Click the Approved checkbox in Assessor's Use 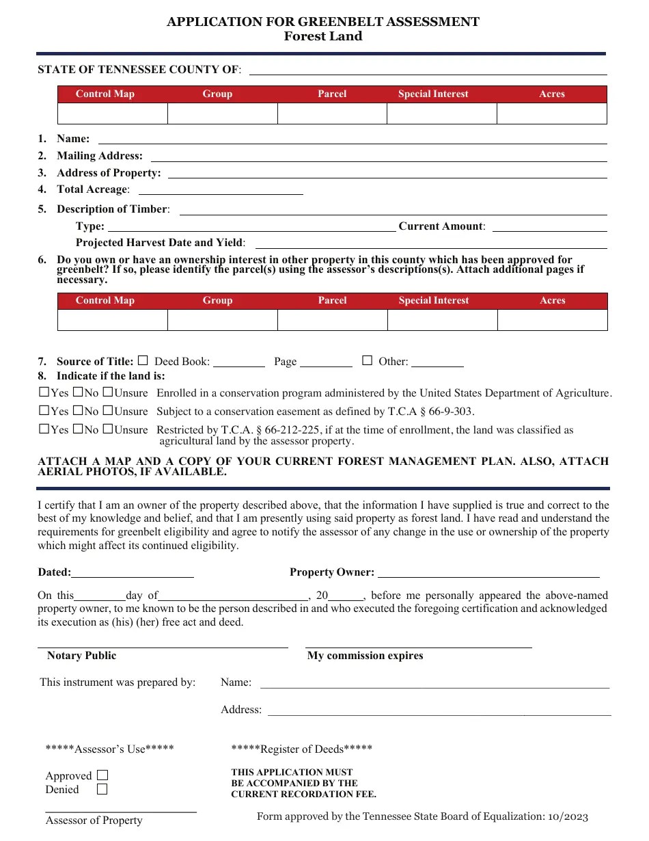[102, 775]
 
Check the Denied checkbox [102, 790]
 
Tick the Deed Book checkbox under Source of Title [143, 360]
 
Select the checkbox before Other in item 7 [367, 360]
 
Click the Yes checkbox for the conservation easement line [44, 411]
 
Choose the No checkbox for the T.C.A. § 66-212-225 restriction [78, 429]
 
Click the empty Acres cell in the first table [551, 114]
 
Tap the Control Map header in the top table [105, 94]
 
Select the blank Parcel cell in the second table [332, 320]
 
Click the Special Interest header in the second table [433, 300]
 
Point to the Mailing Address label [100, 156]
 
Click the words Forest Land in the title [323, 37]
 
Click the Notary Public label [81, 656]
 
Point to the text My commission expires [365, 656]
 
